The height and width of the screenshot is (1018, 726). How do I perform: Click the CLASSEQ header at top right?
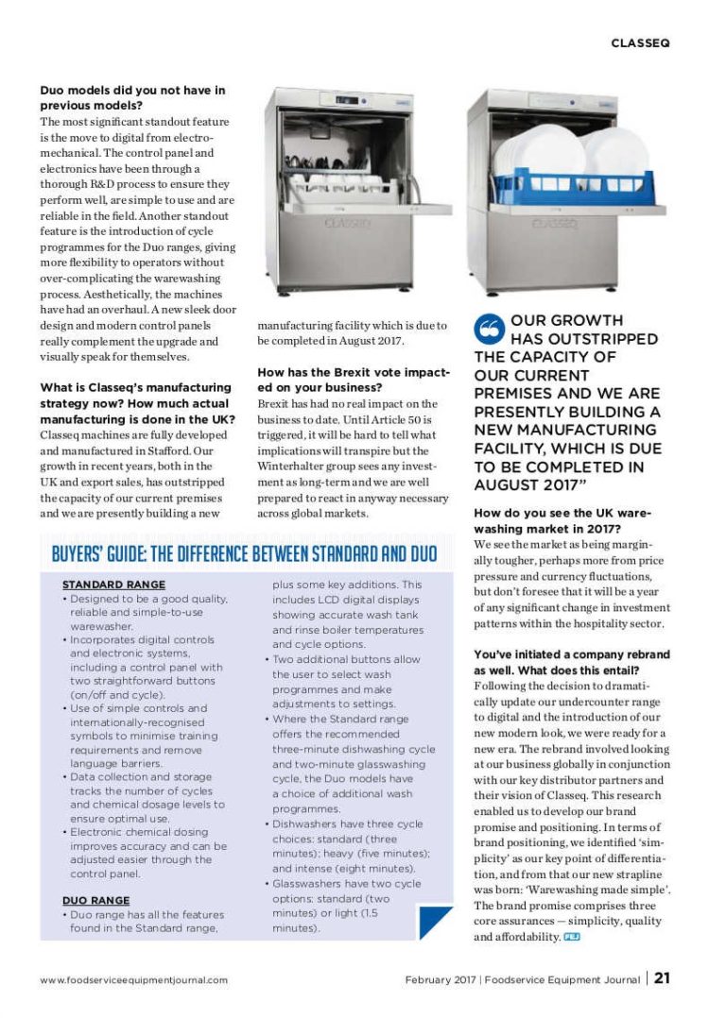[640, 42]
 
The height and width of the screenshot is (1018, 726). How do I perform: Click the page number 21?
[662, 978]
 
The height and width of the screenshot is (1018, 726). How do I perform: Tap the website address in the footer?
[133, 979]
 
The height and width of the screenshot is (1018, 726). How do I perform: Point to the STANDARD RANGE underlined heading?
[113, 585]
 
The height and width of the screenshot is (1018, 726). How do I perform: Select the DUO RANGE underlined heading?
[95, 900]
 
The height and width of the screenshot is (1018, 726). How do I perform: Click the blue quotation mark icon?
[488, 330]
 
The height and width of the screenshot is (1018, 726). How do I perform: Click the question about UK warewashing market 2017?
[562, 521]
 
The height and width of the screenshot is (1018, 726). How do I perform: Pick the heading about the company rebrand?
[571, 661]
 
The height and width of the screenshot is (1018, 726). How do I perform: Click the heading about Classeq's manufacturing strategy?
[135, 403]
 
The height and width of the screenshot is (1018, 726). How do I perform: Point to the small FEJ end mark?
[571, 936]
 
